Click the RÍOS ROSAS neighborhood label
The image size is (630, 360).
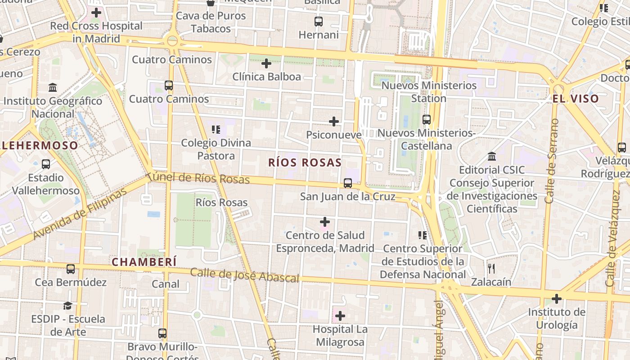305,162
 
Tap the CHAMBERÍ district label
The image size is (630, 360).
144,262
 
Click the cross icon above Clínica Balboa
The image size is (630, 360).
266,63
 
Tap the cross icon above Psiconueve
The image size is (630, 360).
334,121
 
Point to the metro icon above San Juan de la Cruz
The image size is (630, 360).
347,183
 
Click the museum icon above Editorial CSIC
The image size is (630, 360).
492,157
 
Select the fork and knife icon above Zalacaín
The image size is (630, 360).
491,269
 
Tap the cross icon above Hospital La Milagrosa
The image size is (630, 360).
340,316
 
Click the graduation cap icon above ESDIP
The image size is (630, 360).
67,306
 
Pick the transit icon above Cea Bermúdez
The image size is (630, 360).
71,269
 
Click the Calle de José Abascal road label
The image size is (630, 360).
244,275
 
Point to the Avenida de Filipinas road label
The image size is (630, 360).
80,214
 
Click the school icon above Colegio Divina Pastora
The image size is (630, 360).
216,130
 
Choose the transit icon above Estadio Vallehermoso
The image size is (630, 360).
45,164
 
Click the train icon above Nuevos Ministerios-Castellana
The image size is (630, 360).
426,120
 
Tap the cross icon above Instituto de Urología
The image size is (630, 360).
557,299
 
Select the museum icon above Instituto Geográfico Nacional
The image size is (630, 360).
53,87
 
